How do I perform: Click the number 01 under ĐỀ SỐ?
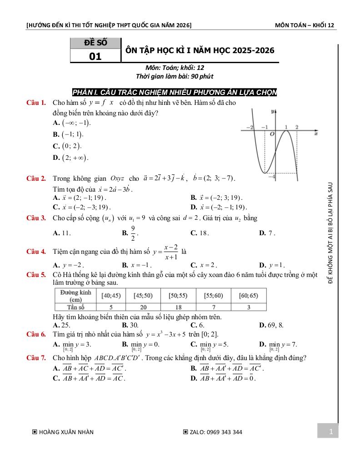pyautogui.click(x=95, y=56)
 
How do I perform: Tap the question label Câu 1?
pyautogui.click(x=36, y=103)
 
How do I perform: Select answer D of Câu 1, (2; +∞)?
pyautogui.click(x=70, y=158)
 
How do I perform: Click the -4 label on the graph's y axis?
pyautogui.click(x=271, y=177)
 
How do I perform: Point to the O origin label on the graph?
pyautogui.click(x=272, y=134)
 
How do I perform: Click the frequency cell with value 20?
pyautogui.click(x=143, y=307)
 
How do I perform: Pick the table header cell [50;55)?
pyautogui.click(x=178, y=296)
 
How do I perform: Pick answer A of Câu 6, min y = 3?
pyautogui.click(x=73, y=345)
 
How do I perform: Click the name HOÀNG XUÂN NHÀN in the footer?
pyautogui.click(x=66, y=432)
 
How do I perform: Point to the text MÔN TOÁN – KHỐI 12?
pyautogui.click(x=305, y=25)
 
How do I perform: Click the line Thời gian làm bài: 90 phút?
pyautogui.click(x=175, y=76)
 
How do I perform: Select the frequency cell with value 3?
pyautogui.click(x=249, y=307)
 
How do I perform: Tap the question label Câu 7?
pyautogui.click(x=36, y=358)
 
